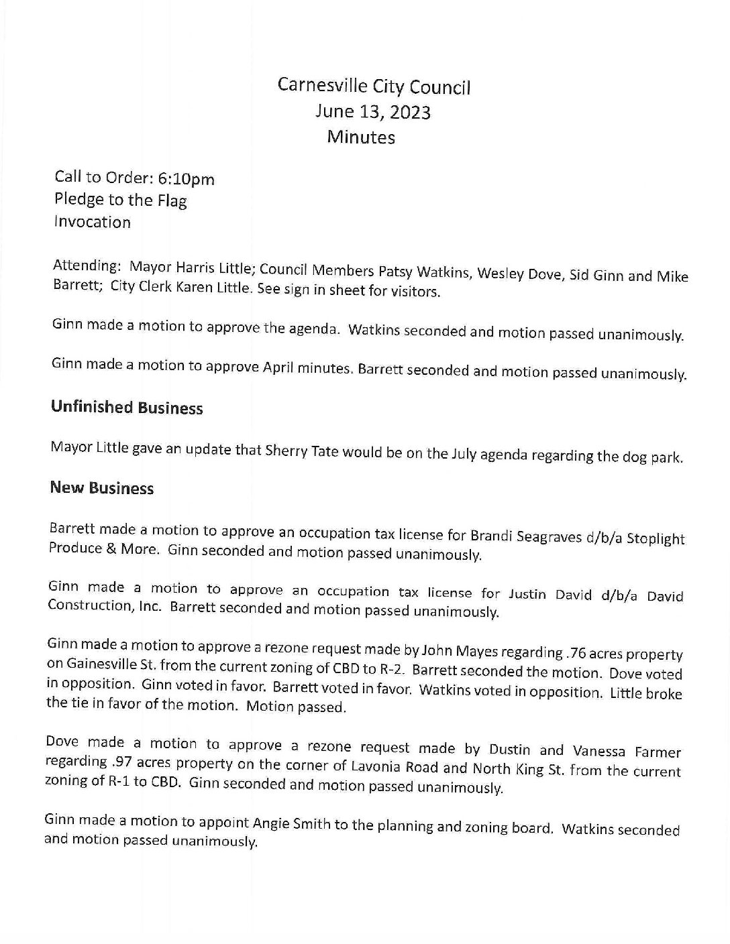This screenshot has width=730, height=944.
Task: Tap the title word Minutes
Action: click(361, 137)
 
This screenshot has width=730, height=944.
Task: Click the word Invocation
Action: click(93, 222)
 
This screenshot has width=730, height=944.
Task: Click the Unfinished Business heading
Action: click(127, 408)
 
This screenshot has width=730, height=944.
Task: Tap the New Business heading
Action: click(102, 488)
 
